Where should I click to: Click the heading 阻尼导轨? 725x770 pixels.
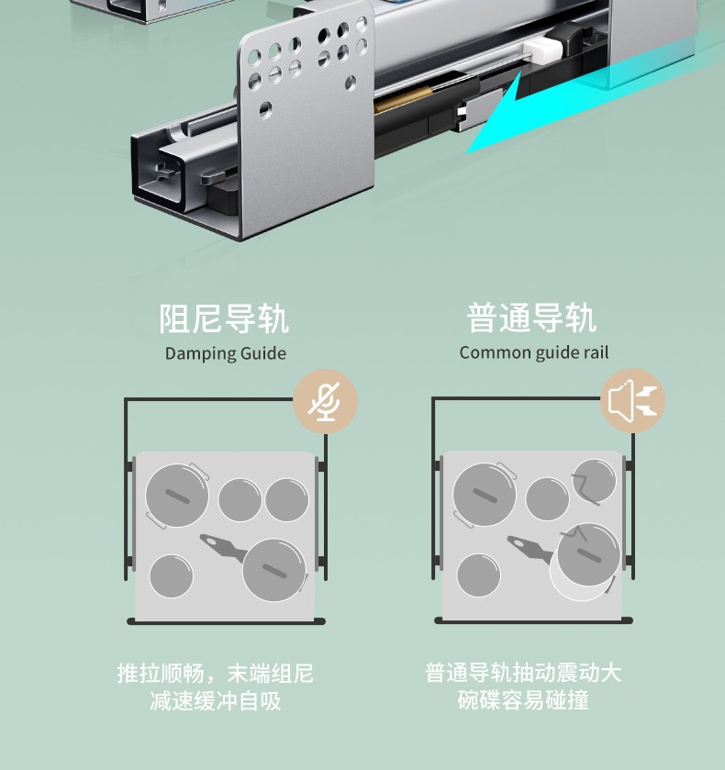coord(224,319)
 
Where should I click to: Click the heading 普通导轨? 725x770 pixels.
coord(532,318)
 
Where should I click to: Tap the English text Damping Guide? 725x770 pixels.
coord(226,353)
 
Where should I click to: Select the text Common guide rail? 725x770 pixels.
coord(534,352)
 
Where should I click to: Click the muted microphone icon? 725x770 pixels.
coord(325,402)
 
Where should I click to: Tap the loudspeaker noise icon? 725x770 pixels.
coord(632,401)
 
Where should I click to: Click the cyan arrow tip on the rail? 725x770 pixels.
coord(467,152)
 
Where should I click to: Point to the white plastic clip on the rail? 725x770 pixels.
coord(542,51)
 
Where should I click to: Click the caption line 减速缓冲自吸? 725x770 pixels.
coord(216,700)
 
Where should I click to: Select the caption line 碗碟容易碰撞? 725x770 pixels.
coord(523,699)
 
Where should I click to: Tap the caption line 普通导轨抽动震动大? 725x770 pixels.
coord(523,673)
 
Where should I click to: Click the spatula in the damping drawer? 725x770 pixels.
coord(224,548)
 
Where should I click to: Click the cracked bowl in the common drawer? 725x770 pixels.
coord(594,481)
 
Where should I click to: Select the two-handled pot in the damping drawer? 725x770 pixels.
coord(177,496)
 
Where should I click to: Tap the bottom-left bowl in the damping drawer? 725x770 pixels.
coord(172,576)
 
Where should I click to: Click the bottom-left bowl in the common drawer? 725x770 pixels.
coord(478,575)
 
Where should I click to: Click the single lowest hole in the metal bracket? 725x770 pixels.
coord(266,109)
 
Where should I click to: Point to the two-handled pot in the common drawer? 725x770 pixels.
coord(485,495)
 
